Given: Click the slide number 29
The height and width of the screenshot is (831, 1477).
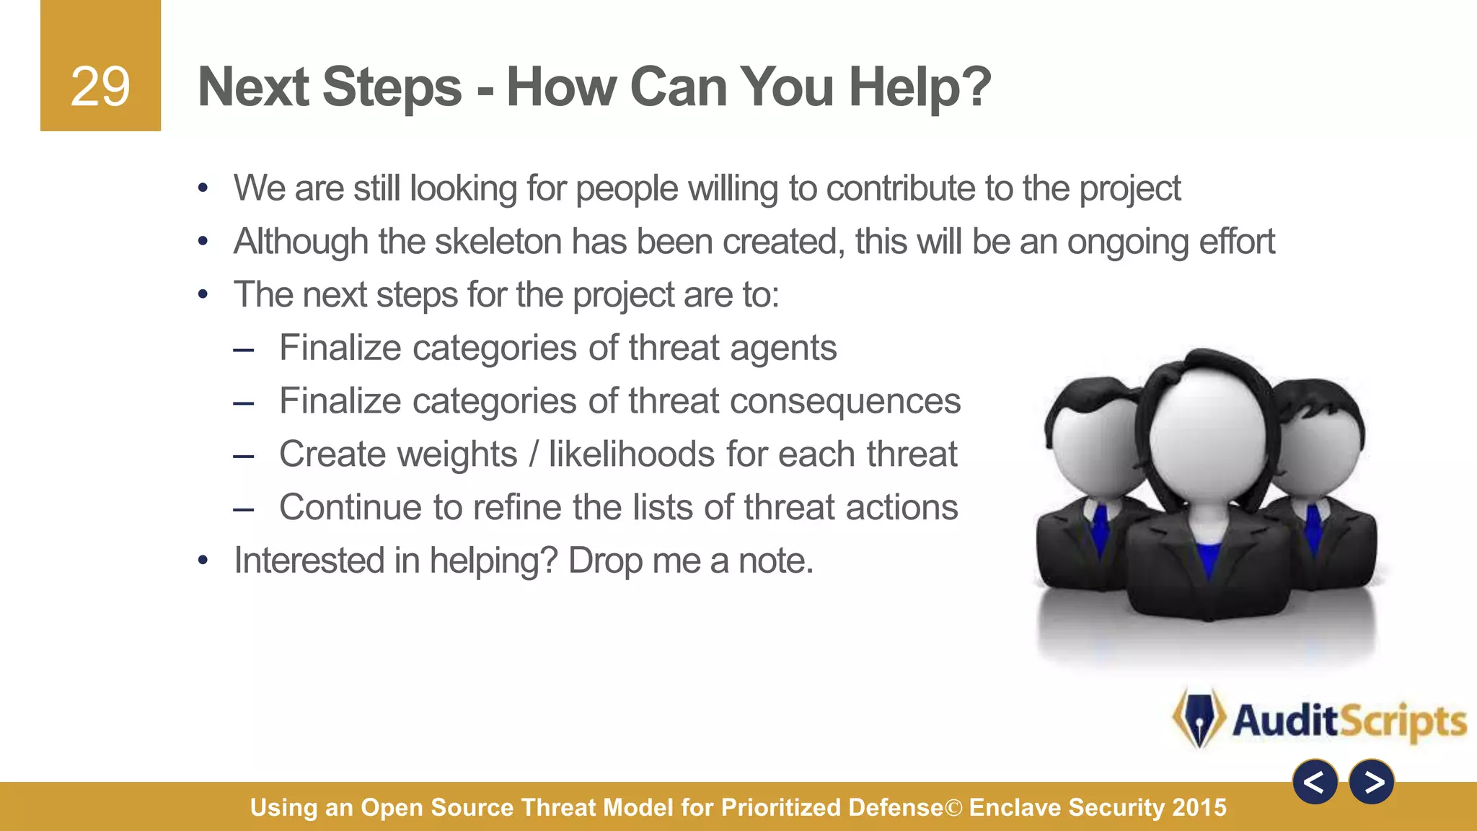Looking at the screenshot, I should (x=100, y=87).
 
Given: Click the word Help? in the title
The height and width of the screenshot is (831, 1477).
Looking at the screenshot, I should (x=920, y=87).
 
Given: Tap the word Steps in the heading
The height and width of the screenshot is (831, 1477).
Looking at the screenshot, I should (x=392, y=87).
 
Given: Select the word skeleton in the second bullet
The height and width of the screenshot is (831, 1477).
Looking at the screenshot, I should (x=498, y=242).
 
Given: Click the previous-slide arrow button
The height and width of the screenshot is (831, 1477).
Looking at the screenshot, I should (x=1315, y=782).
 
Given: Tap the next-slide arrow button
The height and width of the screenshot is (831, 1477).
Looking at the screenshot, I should (x=1372, y=782).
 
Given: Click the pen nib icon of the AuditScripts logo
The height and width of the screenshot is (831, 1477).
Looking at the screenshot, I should (x=1199, y=718).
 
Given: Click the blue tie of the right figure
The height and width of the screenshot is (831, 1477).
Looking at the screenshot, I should (x=1314, y=527).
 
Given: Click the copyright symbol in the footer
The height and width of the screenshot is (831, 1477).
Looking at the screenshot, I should (x=953, y=808).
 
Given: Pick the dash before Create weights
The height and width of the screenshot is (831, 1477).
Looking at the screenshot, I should (x=244, y=456).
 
